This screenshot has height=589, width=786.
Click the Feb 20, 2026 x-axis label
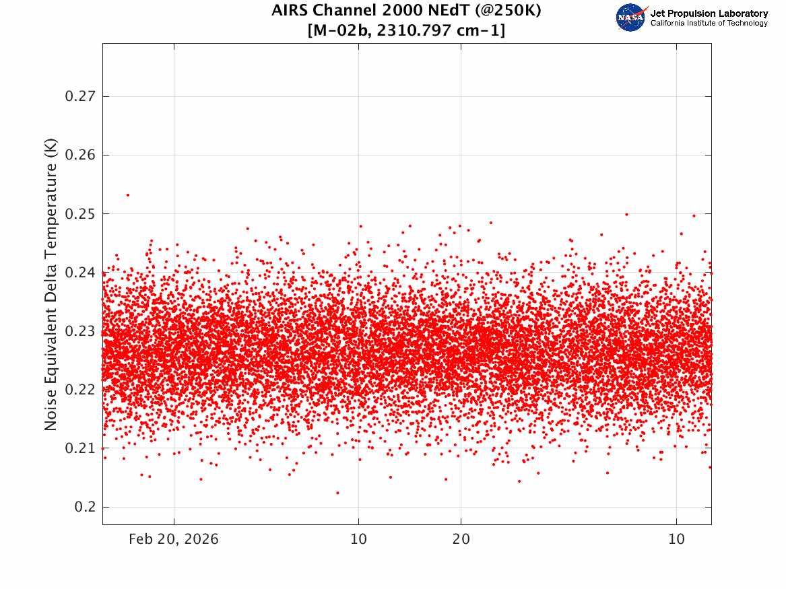click(x=174, y=539)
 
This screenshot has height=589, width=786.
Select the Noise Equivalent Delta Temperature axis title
click(x=51, y=285)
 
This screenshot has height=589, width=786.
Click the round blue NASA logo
click(x=630, y=18)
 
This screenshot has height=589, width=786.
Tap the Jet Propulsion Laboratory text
click(x=709, y=13)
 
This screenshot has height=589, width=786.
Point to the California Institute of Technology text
click(x=709, y=24)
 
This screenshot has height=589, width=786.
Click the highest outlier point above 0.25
click(x=127, y=195)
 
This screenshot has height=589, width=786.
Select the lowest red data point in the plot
click(x=337, y=493)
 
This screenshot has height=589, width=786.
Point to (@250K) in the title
click(x=511, y=11)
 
